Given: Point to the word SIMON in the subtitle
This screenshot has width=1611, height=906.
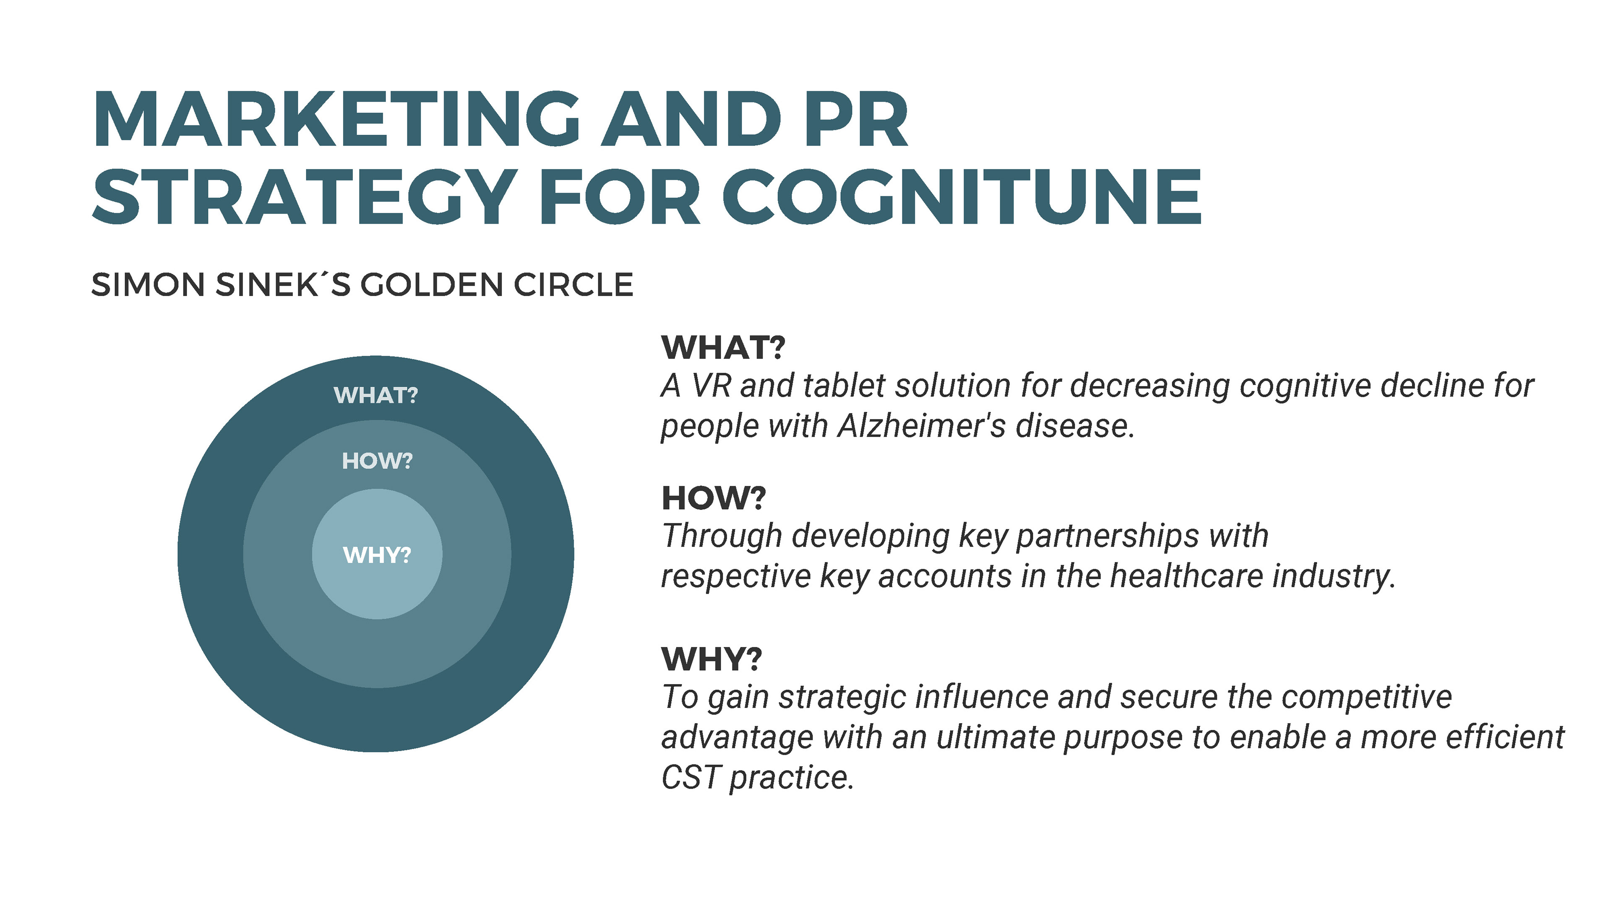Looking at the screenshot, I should coord(148,285).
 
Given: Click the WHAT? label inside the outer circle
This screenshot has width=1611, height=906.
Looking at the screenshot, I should coord(376,395).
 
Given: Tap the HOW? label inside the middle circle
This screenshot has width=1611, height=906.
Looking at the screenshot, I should coord(377,461).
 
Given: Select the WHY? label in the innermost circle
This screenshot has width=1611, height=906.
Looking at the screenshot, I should coord(377,555).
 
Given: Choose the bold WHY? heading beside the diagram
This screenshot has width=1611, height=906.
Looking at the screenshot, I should coord(712,659).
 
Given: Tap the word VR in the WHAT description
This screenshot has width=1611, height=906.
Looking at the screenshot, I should coord(711,386).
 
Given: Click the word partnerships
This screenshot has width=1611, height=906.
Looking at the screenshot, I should coord(1107,536).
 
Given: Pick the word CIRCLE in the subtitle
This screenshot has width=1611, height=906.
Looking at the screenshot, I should coord(573,285).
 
